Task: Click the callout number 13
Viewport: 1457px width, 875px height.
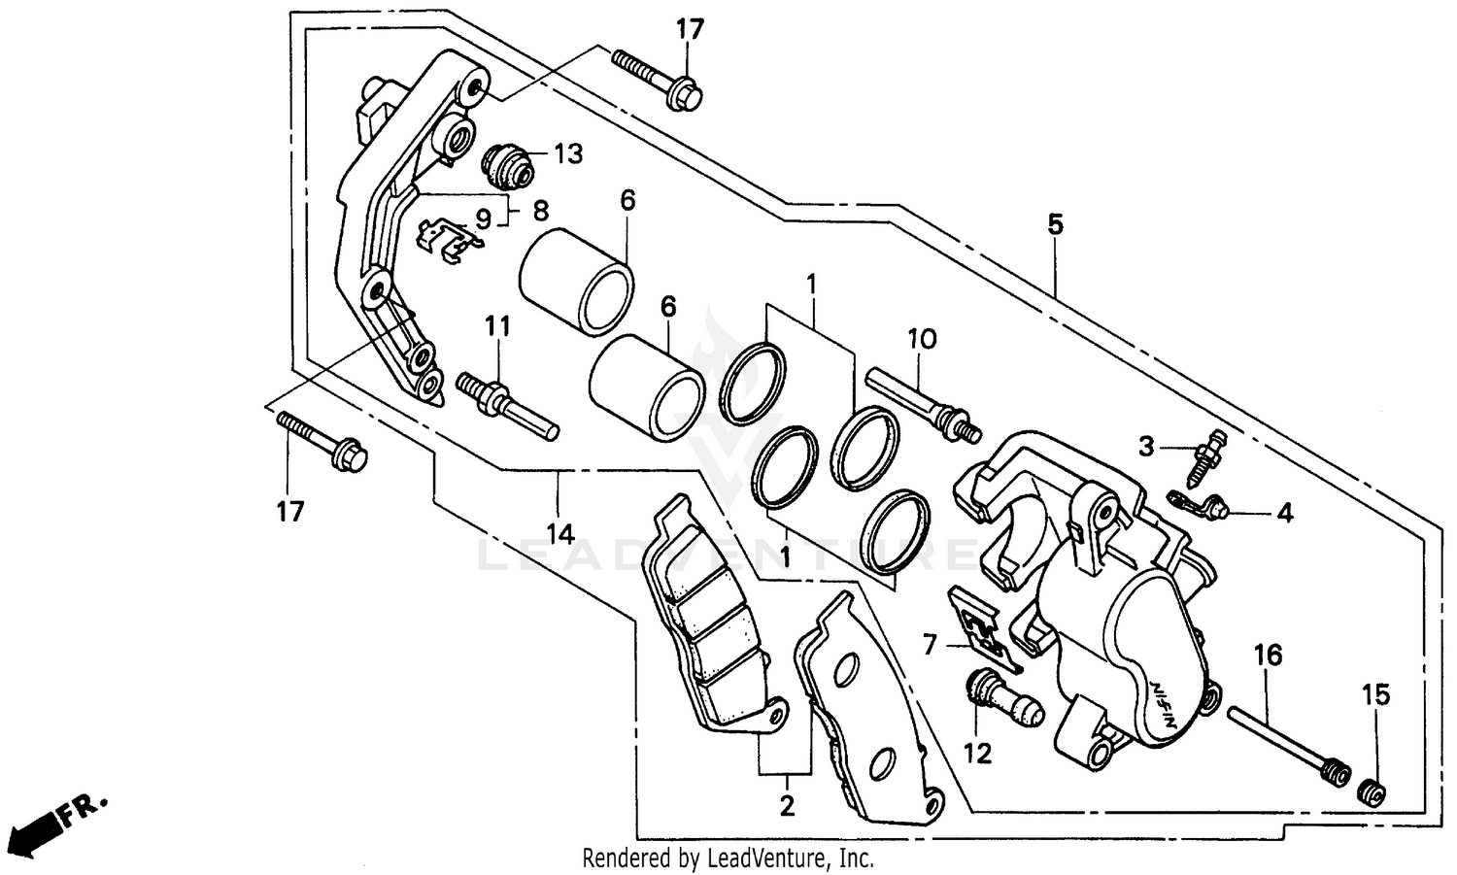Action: click(569, 153)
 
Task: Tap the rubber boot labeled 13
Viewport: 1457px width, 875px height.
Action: click(508, 164)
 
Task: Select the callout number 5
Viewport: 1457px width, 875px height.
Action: click(1056, 224)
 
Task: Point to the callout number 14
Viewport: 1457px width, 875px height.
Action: click(560, 533)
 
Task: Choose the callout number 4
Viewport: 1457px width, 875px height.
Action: click(1285, 513)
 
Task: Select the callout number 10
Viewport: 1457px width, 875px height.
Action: click(922, 339)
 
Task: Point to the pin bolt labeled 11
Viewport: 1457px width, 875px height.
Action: click(506, 403)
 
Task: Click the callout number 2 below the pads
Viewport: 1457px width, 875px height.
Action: click(786, 805)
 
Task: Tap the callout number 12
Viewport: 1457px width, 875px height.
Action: click(978, 753)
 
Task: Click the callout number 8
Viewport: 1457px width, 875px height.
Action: click(540, 210)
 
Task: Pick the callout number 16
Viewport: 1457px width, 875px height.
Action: click(1268, 656)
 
